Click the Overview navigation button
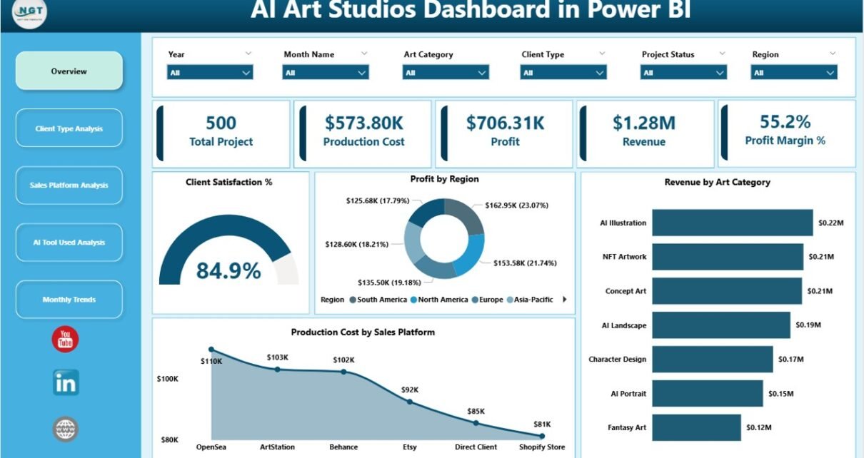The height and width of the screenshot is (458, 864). [69, 71]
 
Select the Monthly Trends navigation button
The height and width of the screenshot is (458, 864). [69, 300]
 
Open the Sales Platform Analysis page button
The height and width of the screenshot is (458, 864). [69, 185]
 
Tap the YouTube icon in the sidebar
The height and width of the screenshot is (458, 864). [65, 340]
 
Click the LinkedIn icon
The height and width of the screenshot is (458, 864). [66, 383]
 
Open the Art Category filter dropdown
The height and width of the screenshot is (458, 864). [446, 73]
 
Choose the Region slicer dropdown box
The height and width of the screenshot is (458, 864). [793, 73]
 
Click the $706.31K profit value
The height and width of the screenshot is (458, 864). [505, 123]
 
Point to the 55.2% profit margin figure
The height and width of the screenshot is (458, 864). [785, 122]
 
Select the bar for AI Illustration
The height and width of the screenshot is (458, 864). [732, 223]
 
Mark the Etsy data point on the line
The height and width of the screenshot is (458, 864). [409, 402]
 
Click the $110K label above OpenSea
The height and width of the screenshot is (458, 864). [211, 361]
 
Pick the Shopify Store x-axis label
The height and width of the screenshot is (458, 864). [541, 447]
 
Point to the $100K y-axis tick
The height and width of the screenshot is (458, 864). [167, 379]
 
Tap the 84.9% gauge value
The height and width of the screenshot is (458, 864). [228, 271]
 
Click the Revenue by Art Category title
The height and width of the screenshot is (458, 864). [717, 183]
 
